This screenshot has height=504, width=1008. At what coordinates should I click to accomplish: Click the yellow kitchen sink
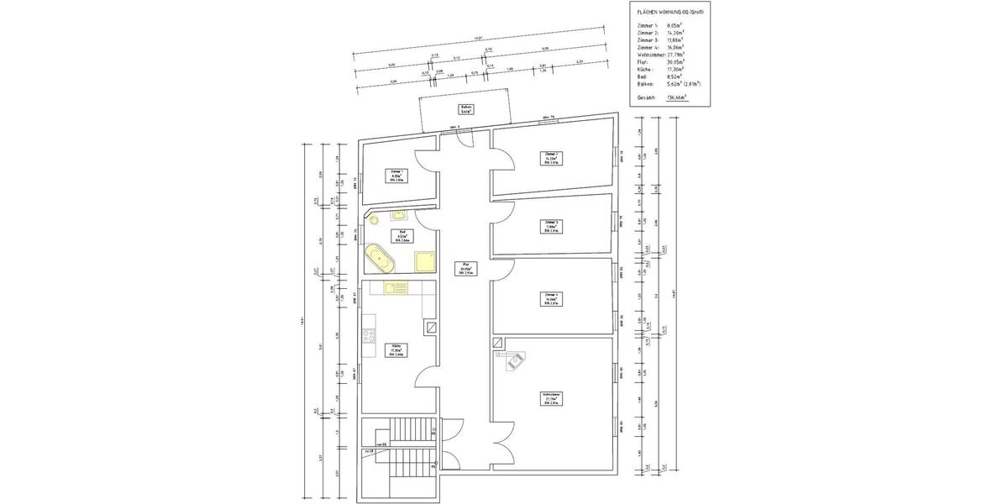[x=395, y=287]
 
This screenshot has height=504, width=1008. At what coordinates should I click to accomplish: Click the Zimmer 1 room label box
[x=396, y=176]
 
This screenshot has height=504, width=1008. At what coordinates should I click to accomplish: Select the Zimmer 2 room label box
[x=551, y=157]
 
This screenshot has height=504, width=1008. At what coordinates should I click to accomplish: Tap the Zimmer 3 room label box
[x=551, y=225]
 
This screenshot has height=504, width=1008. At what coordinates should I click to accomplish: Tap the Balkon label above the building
[x=465, y=108]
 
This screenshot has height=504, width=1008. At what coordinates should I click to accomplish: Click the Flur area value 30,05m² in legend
[x=675, y=61]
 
